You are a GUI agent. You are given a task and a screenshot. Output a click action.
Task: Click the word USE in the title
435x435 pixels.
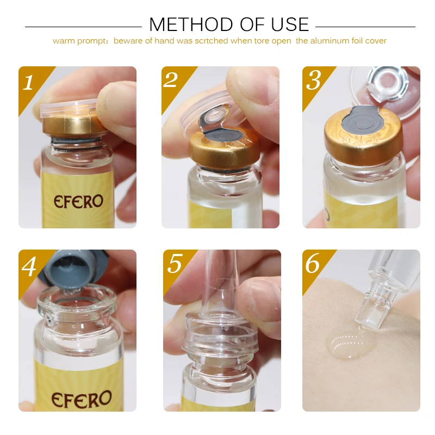tap(290, 24)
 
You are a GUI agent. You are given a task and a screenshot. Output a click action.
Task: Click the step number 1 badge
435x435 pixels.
tap(28, 83)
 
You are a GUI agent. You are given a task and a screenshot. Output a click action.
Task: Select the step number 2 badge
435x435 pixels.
tap(171, 80)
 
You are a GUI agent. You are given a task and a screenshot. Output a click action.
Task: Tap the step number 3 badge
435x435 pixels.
tap(314, 80)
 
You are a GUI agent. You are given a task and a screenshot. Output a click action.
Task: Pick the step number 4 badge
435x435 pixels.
tap(29, 266)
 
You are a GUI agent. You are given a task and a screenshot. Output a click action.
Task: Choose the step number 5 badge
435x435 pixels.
tap(175, 263)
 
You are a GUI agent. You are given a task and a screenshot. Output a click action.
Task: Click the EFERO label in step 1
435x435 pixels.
tap(78, 201)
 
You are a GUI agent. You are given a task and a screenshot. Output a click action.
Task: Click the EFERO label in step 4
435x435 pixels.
tap(81, 399)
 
